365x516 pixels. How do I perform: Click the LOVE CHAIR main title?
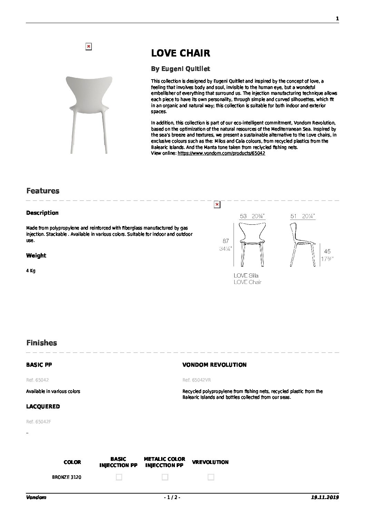coord(180,53)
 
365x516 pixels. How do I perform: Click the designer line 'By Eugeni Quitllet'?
coord(180,69)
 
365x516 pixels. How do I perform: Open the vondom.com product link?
coord(221,153)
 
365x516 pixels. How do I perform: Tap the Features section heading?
coord(43,191)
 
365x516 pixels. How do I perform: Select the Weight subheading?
coord(36,255)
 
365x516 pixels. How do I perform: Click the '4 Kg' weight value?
coord(31,271)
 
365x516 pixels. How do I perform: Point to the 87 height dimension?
coord(226,241)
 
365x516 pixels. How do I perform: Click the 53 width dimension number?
coord(243,216)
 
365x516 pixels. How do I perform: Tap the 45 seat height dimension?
coord(327,252)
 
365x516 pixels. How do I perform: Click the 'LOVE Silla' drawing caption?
coord(246,275)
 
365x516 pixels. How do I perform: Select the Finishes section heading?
coord(42,343)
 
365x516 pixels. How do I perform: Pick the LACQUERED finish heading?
coord(43,406)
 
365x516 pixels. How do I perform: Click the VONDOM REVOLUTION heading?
coord(214,365)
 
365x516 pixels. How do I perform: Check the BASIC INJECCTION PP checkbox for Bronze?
coord(119,477)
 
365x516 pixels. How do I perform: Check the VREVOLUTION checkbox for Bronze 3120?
coord(211,477)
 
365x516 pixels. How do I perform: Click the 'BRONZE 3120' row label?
coord(67,477)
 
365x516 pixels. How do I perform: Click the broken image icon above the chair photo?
coord(88,47)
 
